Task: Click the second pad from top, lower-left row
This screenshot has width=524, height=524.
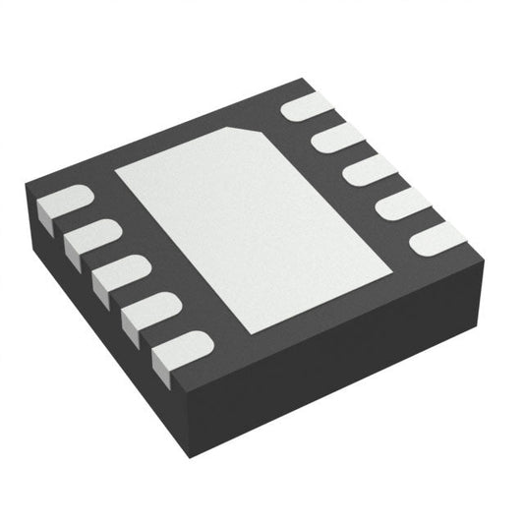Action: coord(90,239)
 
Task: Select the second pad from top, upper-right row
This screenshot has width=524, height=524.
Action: coord(339,139)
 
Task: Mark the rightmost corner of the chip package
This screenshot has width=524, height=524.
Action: coord(489,258)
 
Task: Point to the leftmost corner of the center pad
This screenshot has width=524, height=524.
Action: coord(115,170)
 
